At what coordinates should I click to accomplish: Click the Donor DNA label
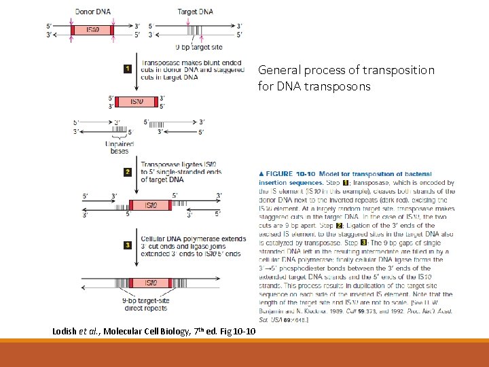pyautogui.click(x=93, y=12)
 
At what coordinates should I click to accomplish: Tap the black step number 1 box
pyautogui.click(x=128, y=69)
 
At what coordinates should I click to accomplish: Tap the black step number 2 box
pyautogui.click(x=127, y=172)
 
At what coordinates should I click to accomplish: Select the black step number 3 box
pyautogui.click(x=127, y=245)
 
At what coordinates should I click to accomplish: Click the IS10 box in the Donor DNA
pyautogui.click(x=93, y=30)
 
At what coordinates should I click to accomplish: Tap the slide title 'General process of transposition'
pyautogui.click(x=346, y=70)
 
